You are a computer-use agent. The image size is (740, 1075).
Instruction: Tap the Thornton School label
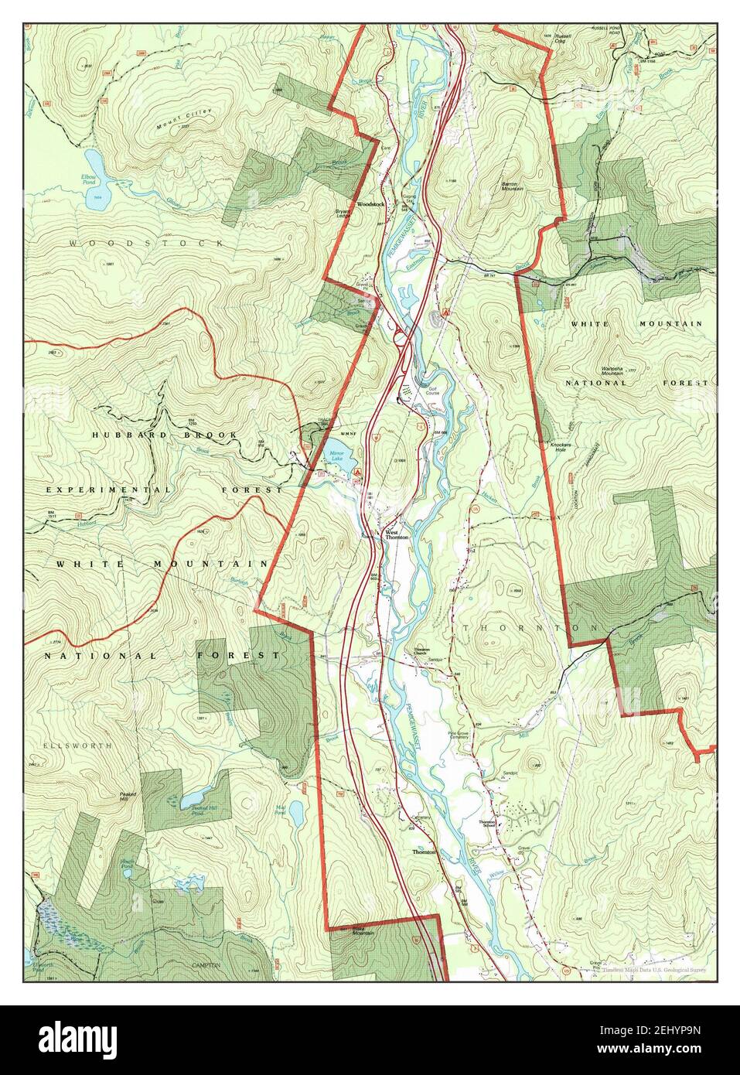click(x=486, y=824)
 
